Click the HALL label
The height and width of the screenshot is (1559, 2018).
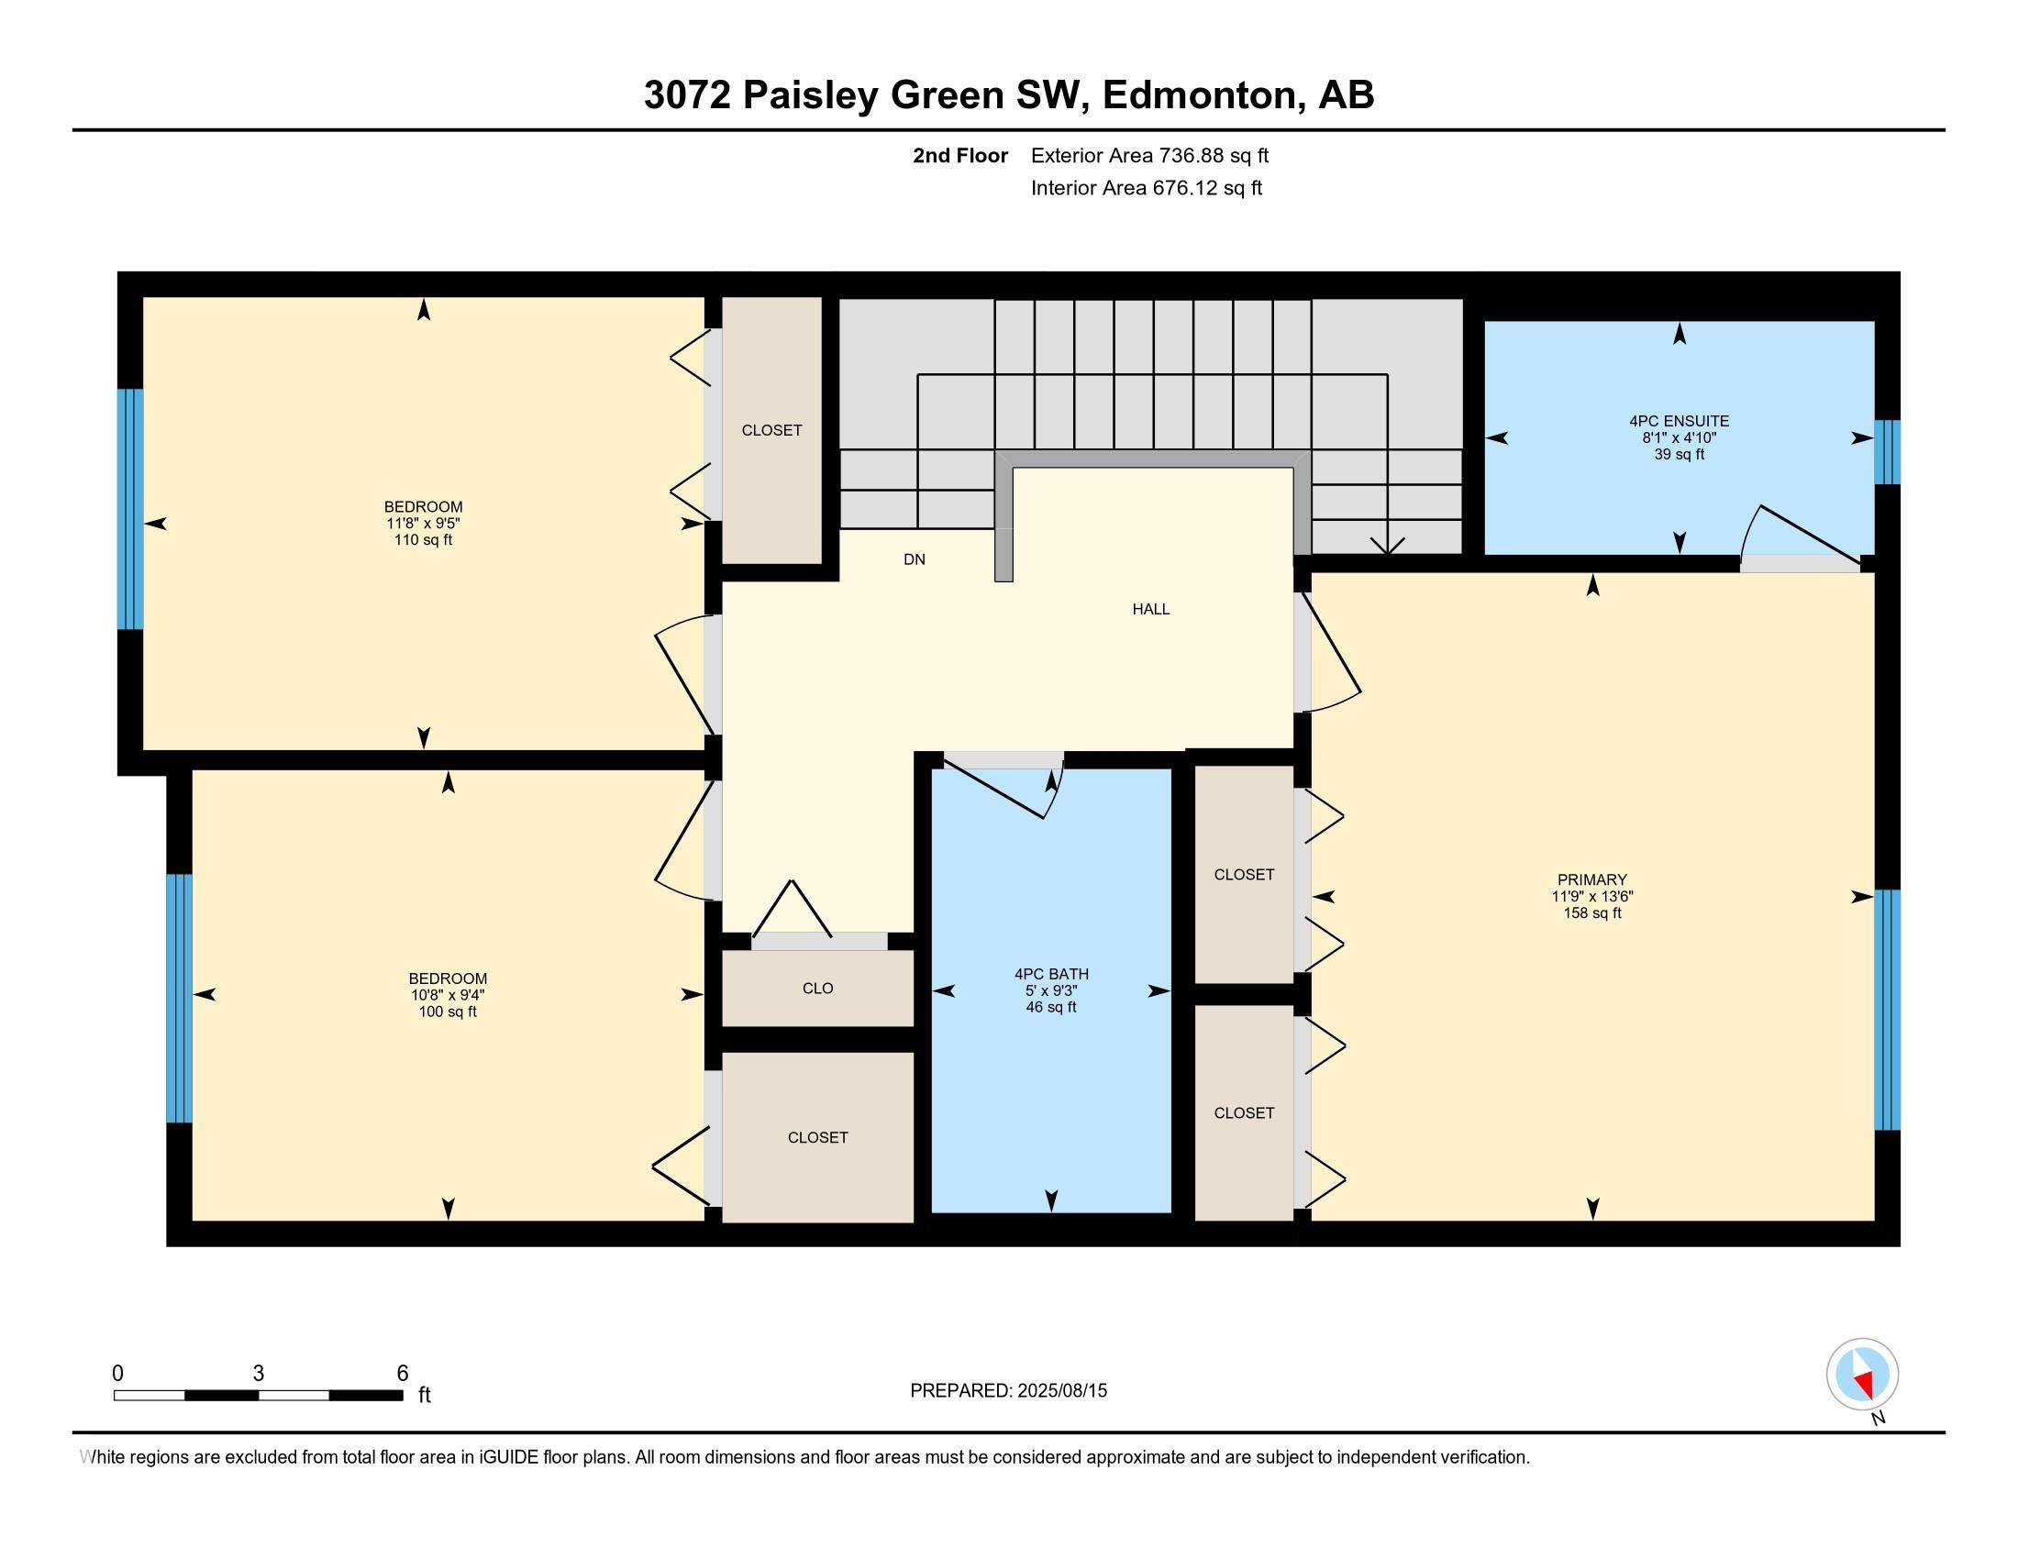1150,609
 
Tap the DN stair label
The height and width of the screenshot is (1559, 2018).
914,558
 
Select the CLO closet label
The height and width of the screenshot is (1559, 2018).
817,989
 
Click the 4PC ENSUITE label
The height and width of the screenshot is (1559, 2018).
1679,421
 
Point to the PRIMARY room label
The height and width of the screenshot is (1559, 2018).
1591,879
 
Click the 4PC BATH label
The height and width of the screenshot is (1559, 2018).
1051,973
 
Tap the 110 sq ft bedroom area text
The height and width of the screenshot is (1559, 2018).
423,539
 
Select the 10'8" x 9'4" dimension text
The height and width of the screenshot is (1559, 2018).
448,995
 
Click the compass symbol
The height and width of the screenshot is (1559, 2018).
1862,1374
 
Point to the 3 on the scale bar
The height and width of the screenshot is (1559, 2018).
259,1374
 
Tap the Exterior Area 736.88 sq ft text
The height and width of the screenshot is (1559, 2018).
1149,156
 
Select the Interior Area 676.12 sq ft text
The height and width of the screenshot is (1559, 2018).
1146,188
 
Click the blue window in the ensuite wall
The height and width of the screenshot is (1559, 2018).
1887,452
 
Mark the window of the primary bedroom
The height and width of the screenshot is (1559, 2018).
1887,1010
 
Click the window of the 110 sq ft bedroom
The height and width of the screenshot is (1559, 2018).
130,509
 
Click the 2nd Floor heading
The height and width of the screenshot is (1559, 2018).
960,156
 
